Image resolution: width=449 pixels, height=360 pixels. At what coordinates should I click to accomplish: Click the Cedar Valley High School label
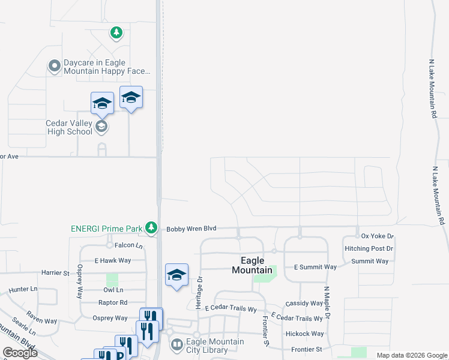click(69, 127)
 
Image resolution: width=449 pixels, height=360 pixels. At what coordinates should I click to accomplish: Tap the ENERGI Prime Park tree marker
click(152, 228)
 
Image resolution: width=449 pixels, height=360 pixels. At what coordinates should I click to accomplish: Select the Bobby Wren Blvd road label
click(191, 229)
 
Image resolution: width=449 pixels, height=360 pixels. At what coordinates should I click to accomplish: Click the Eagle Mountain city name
click(252, 265)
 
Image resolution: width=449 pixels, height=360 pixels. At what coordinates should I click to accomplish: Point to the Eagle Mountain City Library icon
click(177, 344)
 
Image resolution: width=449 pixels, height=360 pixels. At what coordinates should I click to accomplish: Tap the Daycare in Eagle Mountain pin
click(55, 66)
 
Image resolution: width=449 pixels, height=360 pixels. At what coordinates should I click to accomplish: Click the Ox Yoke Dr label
click(377, 236)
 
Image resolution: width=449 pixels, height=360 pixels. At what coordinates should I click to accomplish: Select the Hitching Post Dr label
click(369, 248)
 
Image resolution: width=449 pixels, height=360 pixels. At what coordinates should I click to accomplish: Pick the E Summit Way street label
click(315, 267)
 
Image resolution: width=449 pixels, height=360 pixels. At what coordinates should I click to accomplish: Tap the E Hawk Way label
click(113, 260)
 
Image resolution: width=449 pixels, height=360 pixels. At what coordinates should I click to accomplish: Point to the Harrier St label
click(55, 272)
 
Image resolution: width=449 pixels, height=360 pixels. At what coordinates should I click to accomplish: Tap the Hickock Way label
click(305, 334)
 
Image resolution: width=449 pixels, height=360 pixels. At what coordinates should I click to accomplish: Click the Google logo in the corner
click(20, 353)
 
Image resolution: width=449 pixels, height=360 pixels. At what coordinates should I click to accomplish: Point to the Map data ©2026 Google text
click(412, 355)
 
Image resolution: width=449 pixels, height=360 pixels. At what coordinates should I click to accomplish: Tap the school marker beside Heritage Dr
click(176, 275)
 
